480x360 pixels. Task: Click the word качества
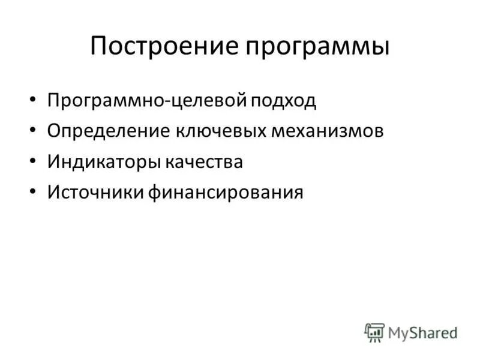coord(206,161)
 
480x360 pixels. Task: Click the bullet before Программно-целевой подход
coord(32,100)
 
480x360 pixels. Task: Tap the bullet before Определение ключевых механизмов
coord(32,131)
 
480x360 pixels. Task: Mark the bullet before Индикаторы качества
coord(32,161)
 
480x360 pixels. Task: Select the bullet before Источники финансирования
coord(32,192)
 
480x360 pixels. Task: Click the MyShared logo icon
coord(374,332)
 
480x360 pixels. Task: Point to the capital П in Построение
coord(99,46)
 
